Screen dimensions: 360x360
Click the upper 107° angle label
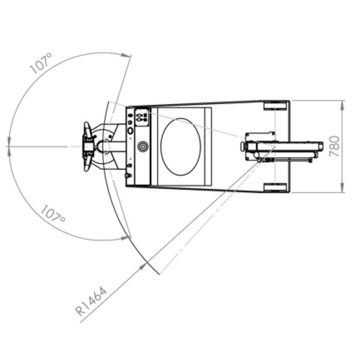tap(41, 63)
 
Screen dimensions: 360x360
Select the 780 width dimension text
tap(334, 147)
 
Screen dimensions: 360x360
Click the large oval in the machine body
tap(181, 147)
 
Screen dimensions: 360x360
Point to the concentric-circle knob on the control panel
tap(143, 146)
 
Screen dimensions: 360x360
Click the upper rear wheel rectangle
tap(275, 105)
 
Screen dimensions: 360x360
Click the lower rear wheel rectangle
tap(275, 187)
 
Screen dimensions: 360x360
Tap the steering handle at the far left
tap(87, 147)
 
